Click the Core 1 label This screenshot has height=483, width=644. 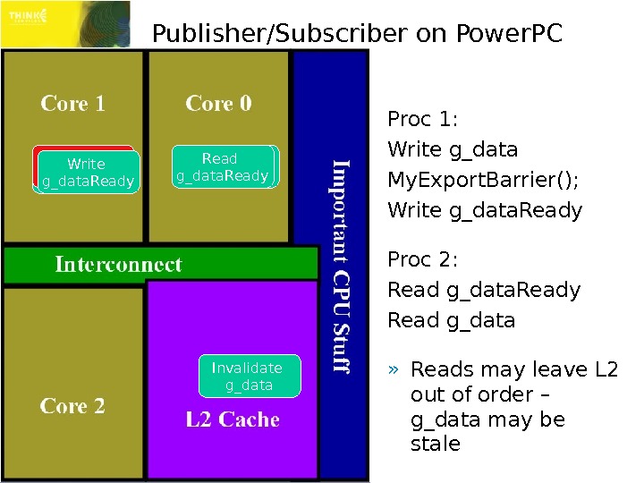(72, 104)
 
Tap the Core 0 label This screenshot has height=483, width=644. (218, 104)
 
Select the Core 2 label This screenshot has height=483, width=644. (72, 406)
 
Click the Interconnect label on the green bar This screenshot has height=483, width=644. (118, 265)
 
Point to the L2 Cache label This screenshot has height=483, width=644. (233, 419)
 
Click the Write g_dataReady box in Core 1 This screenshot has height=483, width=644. (87, 173)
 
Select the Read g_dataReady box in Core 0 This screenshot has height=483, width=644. (223, 167)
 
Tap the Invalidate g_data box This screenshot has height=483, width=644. (248, 377)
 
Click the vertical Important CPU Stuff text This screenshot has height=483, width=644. (343, 266)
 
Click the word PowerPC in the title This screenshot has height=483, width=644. (510, 35)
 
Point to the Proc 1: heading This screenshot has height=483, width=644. (421, 120)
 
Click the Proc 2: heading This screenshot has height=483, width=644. (422, 260)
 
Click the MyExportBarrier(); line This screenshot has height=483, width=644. (483, 180)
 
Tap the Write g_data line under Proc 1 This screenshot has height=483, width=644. (453, 149)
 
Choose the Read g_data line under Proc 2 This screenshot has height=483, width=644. (451, 320)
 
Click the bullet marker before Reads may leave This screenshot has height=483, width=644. (393, 370)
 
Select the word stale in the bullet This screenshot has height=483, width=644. (435, 444)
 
